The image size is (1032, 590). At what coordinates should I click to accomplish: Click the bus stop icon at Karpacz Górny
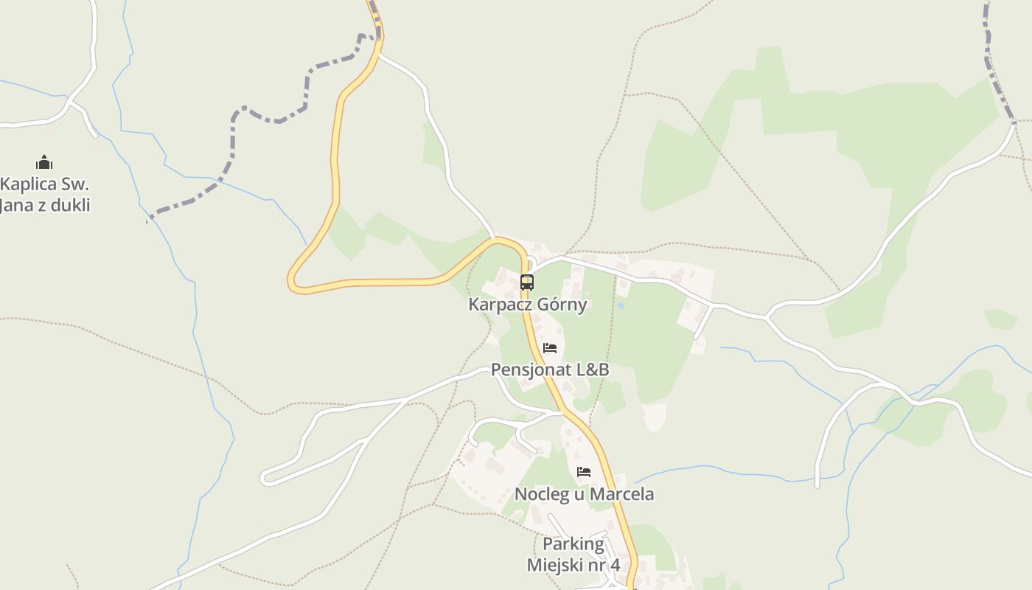pos(526,282)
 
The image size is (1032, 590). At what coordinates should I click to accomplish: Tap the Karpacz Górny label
pos(528,305)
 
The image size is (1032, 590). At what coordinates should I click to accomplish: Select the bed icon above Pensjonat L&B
pos(550,348)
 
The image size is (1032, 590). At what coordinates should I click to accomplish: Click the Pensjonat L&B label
pos(550,369)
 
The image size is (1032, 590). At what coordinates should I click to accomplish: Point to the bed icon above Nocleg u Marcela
pos(584,472)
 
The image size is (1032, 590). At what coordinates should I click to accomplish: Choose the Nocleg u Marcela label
pos(584,494)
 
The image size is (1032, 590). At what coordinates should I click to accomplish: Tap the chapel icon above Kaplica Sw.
pos(44,162)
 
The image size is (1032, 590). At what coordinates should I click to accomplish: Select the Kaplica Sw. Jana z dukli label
pos(44,195)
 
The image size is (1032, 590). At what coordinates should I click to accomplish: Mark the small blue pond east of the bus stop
pos(621,305)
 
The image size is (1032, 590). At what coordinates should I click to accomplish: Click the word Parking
pos(573,545)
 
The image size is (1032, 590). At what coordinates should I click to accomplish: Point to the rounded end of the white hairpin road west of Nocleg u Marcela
pos(265,478)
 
